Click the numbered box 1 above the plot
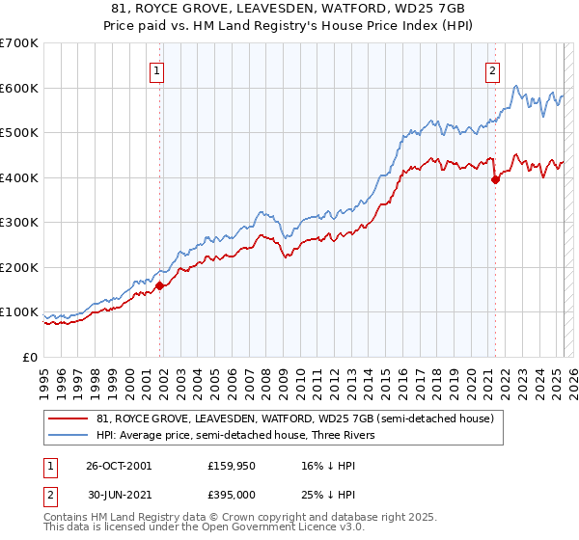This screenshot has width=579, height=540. click(x=156, y=69)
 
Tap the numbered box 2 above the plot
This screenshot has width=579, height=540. click(x=492, y=69)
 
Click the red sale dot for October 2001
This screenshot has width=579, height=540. click(x=160, y=285)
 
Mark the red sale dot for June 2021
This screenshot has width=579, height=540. click(x=495, y=179)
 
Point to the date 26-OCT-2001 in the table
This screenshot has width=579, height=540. click(x=119, y=465)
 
